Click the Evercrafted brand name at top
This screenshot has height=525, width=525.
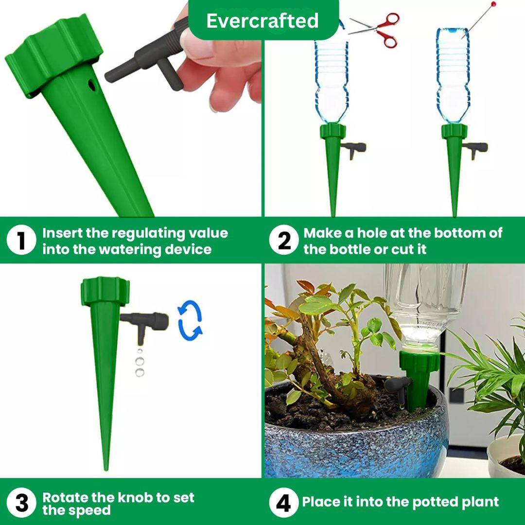262,21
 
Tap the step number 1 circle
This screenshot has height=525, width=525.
21,241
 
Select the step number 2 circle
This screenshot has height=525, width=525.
284,241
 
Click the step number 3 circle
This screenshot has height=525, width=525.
21,504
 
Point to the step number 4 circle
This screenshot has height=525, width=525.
284,504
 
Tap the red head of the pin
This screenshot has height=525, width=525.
494,4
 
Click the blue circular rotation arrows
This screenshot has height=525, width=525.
190,320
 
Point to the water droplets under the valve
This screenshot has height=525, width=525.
140,362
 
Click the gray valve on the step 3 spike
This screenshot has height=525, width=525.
146,321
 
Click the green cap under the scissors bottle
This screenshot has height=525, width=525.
332,131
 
